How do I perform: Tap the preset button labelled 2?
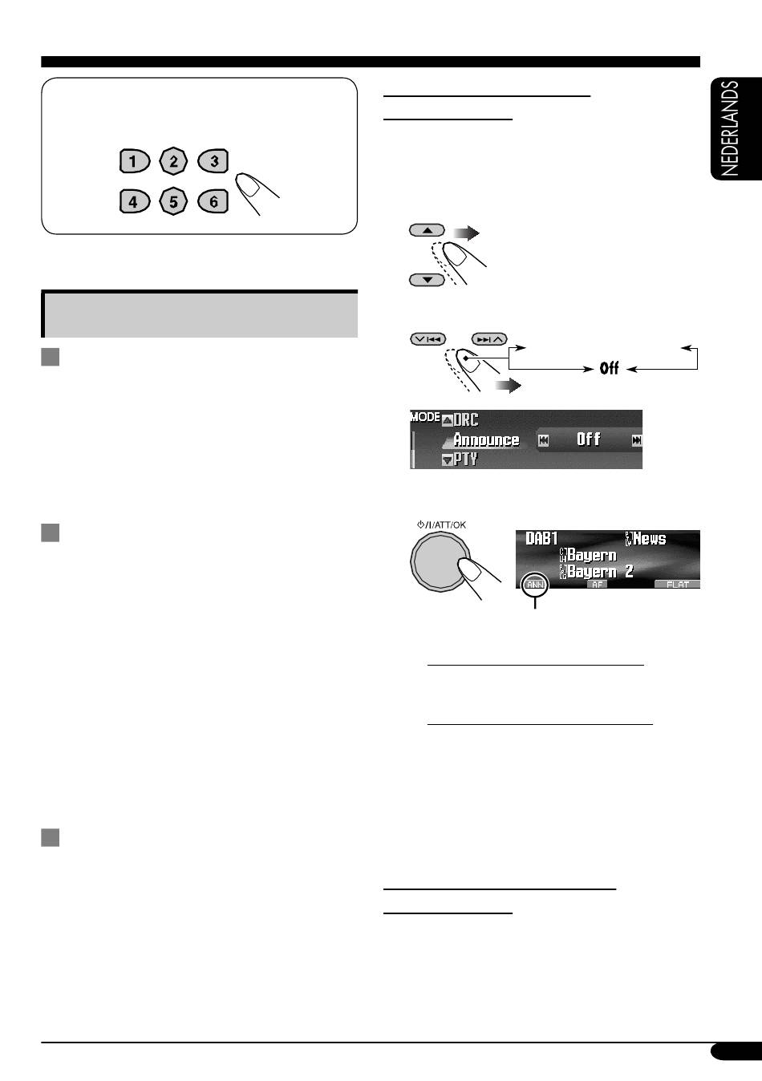click(173, 160)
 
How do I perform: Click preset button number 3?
click(213, 160)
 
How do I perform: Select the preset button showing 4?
click(135, 201)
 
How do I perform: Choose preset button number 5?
click(173, 201)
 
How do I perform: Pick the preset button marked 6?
click(213, 201)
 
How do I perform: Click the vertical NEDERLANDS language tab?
click(736, 128)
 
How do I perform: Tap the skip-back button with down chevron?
click(428, 339)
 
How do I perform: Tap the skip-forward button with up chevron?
click(489, 339)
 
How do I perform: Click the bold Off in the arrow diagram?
click(609, 369)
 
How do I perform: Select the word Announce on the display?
click(486, 439)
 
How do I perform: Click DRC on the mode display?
click(466, 419)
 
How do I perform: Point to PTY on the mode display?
click(465, 459)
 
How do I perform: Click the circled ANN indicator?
click(535, 584)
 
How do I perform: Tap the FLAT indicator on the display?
click(677, 585)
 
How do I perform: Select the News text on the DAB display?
click(650, 539)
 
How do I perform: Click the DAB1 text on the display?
click(541, 539)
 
